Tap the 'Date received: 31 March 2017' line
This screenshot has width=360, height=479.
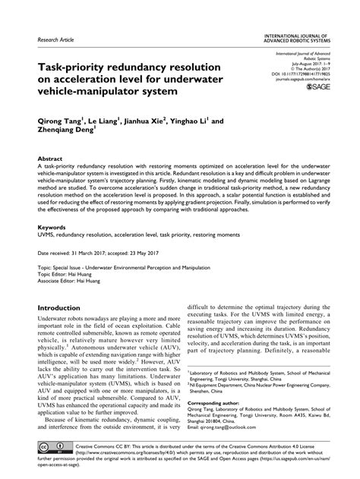point(84,251)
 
